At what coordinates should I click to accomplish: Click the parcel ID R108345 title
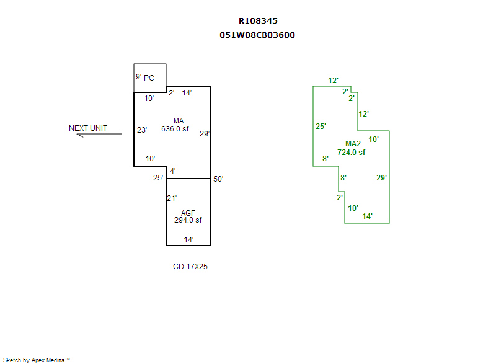(x=258, y=21)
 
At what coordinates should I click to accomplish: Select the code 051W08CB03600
(x=257, y=35)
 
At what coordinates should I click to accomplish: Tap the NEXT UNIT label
(x=88, y=128)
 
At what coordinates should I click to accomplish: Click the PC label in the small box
(x=149, y=78)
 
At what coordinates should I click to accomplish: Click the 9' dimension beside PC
(x=138, y=77)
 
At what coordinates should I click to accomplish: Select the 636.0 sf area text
(x=175, y=130)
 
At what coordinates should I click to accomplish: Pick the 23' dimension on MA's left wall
(x=142, y=130)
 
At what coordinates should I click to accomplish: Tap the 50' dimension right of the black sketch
(x=218, y=179)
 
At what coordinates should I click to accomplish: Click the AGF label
(x=188, y=213)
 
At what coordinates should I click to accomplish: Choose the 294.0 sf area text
(x=188, y=220)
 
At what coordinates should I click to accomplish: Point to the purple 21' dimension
(x=172, y=198)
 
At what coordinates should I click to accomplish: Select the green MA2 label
(x=353, y=144)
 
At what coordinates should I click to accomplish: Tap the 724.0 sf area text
(x=351, y=152)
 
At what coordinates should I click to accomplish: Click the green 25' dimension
(x=321, y=127)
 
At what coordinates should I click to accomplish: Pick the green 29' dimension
(x=382, y=178)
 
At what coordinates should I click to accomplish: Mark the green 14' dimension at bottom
(x=368, y=216)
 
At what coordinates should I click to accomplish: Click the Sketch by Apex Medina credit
(x=37, y=360)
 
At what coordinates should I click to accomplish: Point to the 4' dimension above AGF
(x=173, y=171)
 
